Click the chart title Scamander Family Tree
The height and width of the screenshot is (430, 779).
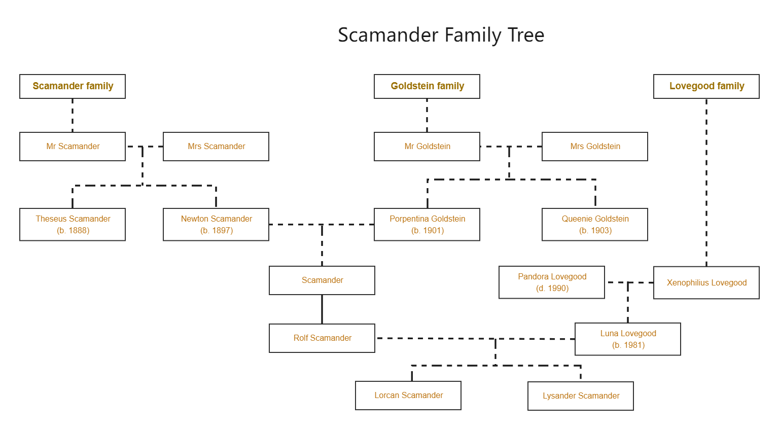[441, 35]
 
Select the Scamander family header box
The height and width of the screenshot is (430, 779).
[73, 86]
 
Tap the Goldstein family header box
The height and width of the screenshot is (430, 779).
[427, 86]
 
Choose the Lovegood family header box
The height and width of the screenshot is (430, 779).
[706, 86]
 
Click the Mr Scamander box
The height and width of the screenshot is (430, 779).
[73, 147]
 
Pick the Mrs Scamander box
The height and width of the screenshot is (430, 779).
[216, 147]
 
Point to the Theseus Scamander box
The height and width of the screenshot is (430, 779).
[73, 224]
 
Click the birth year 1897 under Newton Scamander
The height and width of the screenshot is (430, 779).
[217, 231]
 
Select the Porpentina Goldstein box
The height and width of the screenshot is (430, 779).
[427, 224]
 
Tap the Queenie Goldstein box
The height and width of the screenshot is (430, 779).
[595, 224]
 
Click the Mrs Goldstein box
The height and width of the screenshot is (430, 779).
[595, 147]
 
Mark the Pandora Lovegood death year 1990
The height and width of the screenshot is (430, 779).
[553, 289]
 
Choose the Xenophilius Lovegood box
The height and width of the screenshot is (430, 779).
[706, 282]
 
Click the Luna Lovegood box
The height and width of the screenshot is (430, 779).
[628, 339]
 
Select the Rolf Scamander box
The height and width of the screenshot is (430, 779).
[322, 338]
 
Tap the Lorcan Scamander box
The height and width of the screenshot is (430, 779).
[408, 396]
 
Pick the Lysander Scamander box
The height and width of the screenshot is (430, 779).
[581, 396]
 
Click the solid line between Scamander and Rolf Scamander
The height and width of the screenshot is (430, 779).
[322, 309]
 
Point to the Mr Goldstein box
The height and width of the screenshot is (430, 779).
[427, 147]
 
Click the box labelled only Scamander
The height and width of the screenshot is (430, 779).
[322, 280]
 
